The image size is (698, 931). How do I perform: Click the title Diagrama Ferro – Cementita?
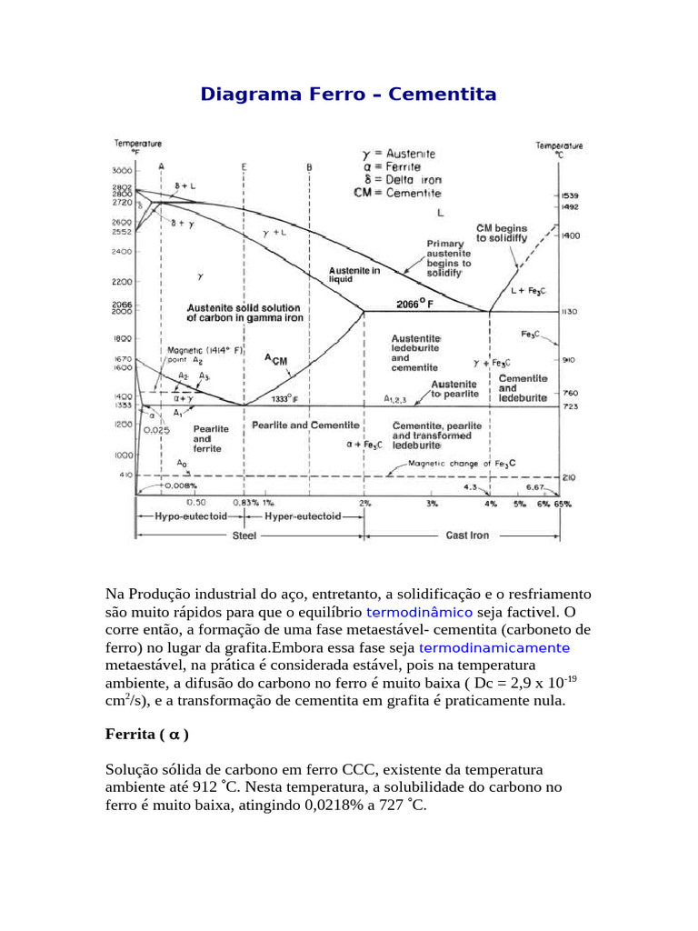348,95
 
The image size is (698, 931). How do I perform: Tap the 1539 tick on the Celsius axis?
570,195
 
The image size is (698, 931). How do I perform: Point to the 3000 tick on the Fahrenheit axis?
124,171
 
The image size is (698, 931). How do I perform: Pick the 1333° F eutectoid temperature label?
285,398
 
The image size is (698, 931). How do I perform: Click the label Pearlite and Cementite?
305,425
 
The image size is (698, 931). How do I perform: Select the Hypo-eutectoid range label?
178,516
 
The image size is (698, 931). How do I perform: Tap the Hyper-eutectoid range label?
303,516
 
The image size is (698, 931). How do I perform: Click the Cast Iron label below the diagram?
467,536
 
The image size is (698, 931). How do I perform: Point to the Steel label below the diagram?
244,536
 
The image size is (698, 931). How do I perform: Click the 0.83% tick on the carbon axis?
245,502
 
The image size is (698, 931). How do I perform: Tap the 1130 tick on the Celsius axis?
570,311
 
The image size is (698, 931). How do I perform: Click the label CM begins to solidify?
502,233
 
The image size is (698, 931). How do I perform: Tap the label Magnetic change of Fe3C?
462,464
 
